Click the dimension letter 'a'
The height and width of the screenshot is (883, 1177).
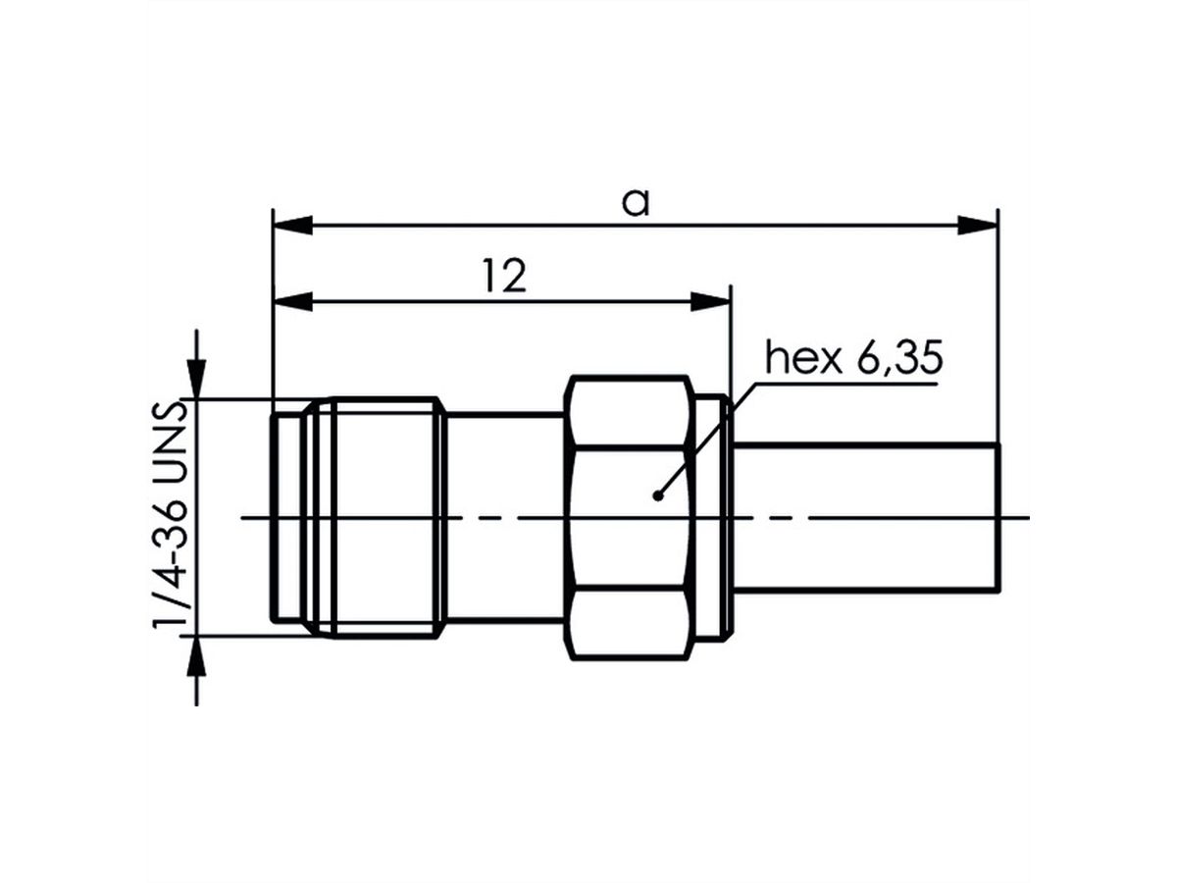[x=636, y=203]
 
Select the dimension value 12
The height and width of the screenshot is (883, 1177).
[x=504, y=278]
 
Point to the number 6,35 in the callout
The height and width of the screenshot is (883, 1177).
[x=898, y=360]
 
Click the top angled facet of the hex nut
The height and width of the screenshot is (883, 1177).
[x=629, y=412]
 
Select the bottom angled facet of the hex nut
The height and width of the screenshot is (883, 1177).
[x=629, y=621]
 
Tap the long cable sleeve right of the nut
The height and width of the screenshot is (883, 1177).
[x=868, y=518]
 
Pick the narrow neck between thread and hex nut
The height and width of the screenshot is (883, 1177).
[x=505, y=518]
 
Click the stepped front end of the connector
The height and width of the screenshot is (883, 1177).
[x=286, y=518]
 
